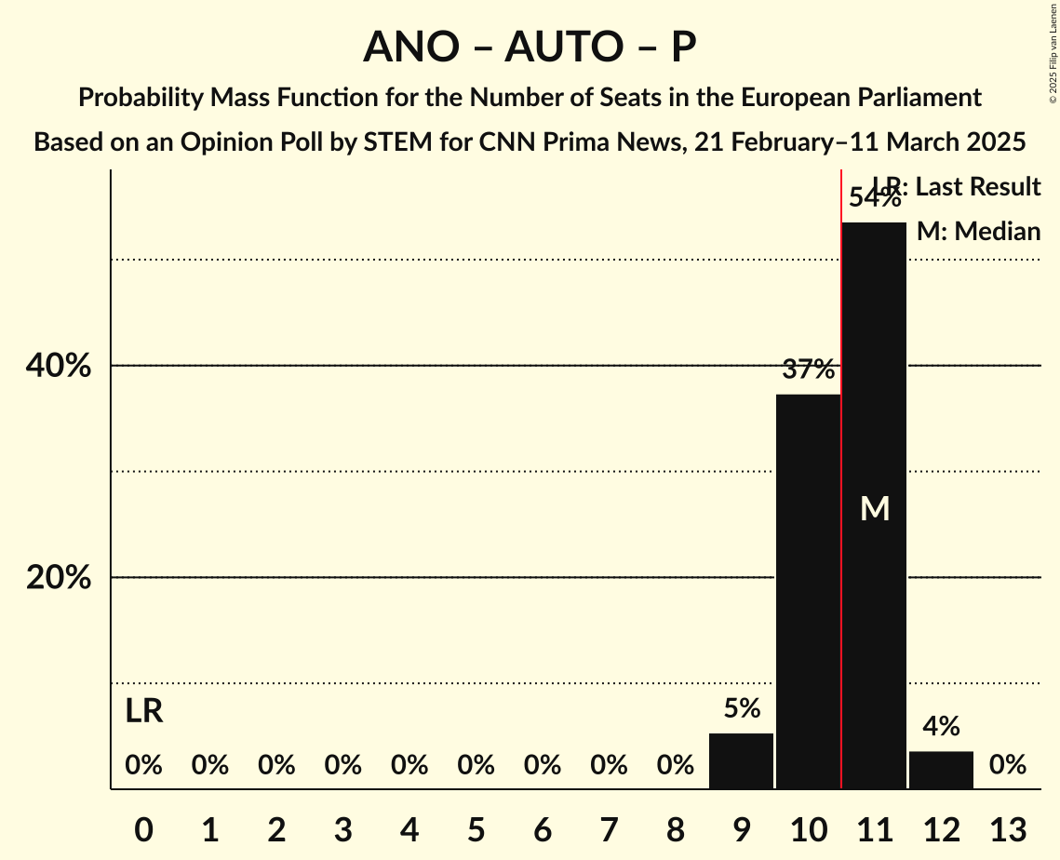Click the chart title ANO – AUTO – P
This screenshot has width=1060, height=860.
(530, 47)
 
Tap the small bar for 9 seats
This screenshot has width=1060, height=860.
(741, 760)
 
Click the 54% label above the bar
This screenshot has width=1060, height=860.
(874, 198)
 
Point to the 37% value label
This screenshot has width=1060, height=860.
(808, 370)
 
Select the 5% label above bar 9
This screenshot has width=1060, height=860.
(741, 709)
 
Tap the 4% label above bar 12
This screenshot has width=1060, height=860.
(941, 727)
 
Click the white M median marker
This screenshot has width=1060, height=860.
(875, 508)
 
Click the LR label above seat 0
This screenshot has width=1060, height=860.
(143, 712)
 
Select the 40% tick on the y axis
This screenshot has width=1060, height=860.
(59, 367)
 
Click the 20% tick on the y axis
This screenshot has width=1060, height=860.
(59, 578)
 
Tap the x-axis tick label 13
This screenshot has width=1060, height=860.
(1007, 827)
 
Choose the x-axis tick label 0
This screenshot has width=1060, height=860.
(143, 827)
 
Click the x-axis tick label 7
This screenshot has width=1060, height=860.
(609, 827)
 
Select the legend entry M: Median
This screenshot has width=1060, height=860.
(978, 231)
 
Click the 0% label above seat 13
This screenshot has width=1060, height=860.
(1007, 765)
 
